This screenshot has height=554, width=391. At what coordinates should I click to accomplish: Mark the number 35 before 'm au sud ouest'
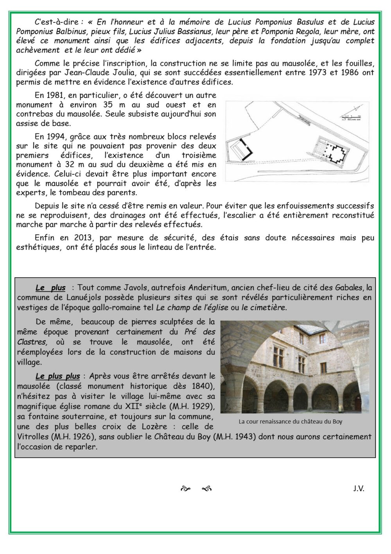tap(108, 105)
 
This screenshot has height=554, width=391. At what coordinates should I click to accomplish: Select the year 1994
tap(55, 136)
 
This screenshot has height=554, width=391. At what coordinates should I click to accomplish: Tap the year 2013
tap(83, 238)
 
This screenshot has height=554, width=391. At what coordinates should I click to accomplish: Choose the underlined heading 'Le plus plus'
tap(57, 376)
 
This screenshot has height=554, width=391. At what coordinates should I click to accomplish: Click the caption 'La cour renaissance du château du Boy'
tap(290, 422)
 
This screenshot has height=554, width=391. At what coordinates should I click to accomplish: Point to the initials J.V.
tap(359, 488)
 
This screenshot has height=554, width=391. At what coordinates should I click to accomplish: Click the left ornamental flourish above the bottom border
tap(185, 489)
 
